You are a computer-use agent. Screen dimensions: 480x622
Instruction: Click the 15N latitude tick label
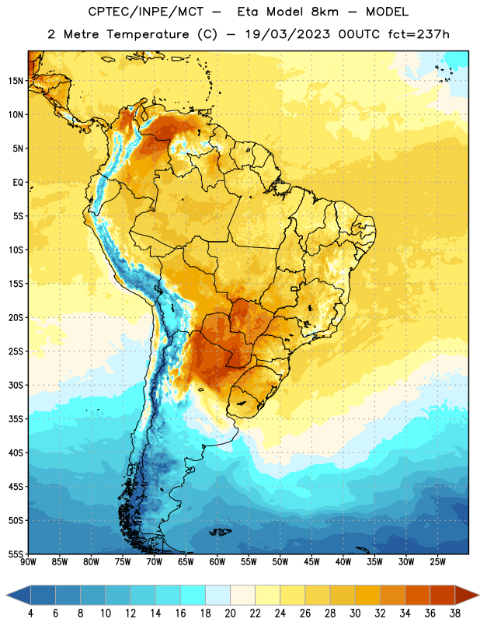click(x=16, y=81)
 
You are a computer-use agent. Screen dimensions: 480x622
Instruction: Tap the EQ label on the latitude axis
click(x=18, y=183)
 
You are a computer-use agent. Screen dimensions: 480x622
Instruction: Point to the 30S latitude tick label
click(x=16, y=385)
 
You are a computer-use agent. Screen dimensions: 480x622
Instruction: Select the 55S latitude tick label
click(x=16, y=554)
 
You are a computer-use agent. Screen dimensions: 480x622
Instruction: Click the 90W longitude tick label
click(x=28, y=561)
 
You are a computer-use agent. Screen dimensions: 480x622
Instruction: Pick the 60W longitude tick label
click(x=217, y=561)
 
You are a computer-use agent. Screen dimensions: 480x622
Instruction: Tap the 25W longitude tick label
click(x=437, y=561)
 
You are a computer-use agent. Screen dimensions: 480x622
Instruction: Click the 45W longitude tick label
click(x=311, y=561)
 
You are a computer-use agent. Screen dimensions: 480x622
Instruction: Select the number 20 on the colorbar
click(x=230, y=613)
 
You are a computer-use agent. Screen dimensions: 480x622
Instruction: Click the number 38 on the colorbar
click(x=454, y=613)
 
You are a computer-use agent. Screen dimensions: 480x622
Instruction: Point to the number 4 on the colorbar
click(x=30, y=613)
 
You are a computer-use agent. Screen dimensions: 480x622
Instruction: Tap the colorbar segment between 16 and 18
click(x=193, y=595)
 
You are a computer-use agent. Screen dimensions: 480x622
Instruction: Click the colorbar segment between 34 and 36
click(x=417, y=595)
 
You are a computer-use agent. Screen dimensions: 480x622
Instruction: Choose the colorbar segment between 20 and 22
click(x=242, y=595)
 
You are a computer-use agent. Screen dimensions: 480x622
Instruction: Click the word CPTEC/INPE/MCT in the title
click(x=146, y=12)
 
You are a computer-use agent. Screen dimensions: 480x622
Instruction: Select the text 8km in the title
click(x=325, y=12)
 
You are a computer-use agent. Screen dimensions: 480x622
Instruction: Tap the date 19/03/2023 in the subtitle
click(x=287, y=34)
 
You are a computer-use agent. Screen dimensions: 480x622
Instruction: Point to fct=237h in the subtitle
click(x=419, y=34)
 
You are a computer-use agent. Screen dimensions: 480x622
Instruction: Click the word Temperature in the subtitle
click(x=148, y=34)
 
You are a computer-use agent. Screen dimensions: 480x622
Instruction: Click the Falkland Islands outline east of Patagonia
click(x=220, y=532)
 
